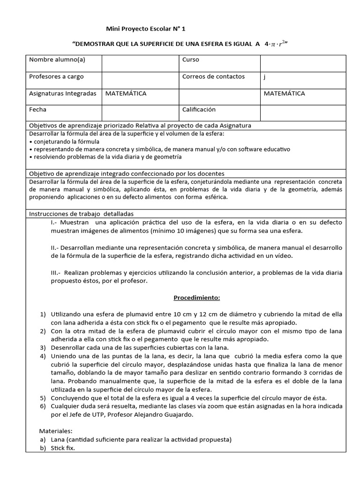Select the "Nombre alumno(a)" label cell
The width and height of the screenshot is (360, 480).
coord(57,60)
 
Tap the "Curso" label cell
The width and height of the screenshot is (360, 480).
coord(191,60)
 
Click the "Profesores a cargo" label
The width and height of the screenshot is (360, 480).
coord(56,76)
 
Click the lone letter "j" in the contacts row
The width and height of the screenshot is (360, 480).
coord(265,77)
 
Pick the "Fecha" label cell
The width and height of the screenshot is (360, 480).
coord(38,110)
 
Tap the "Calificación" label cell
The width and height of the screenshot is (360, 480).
coord(199,110)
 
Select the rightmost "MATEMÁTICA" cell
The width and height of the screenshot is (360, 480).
coord(284,93)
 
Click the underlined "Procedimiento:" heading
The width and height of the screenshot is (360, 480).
coord(197,298)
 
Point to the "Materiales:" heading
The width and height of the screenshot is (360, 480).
coord(55,431)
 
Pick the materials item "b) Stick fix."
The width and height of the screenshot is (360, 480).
coord(59,448)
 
